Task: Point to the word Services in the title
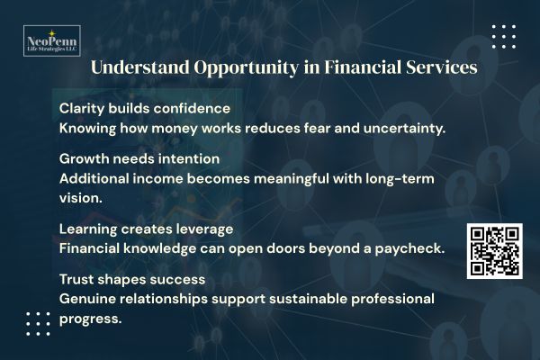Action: coord(435,68)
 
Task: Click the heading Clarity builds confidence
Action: coord(145,108)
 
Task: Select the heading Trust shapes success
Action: coord(133,278)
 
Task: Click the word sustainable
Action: coord(301,298)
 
